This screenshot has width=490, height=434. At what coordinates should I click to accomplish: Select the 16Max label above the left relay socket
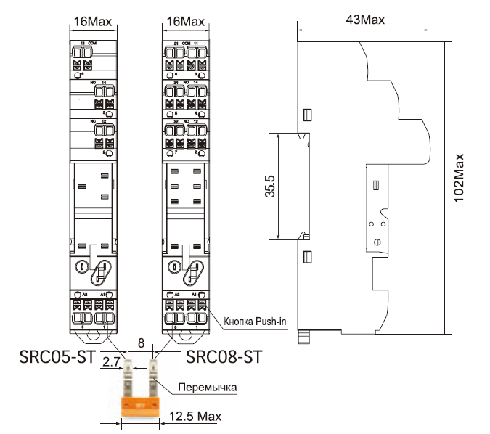coord(93,22)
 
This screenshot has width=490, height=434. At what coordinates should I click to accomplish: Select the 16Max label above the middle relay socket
coord(185,22)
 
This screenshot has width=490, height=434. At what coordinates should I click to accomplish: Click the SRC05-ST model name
coord(57,356)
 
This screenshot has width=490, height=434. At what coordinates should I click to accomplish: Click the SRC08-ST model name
coord(223,356)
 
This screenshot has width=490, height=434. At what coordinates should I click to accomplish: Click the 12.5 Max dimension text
coord(195,417)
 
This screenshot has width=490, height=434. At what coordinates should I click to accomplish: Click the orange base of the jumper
coord(141,406)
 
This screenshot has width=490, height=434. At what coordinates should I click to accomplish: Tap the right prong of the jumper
coord(154,377)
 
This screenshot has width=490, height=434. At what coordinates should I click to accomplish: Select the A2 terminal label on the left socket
coord(84,294)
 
